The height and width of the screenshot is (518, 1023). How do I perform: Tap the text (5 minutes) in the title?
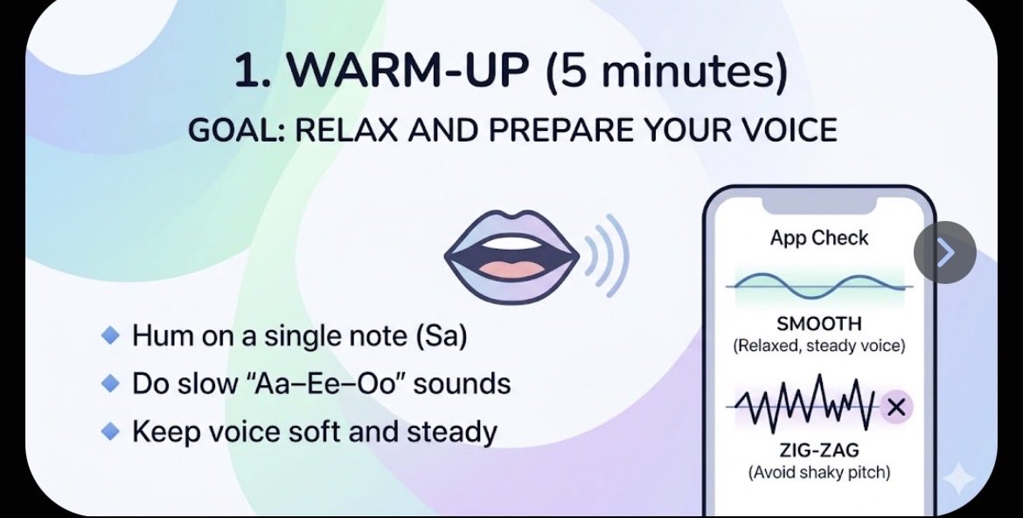coord(665,72)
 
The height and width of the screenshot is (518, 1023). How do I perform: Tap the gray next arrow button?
coord(945,252)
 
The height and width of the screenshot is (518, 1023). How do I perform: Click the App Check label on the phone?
coord(819,238)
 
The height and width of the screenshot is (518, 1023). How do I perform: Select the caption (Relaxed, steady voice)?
coord(819,346)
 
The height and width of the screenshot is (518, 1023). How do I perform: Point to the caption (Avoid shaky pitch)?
coord(819,473)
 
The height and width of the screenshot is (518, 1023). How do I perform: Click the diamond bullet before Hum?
coord(111,335)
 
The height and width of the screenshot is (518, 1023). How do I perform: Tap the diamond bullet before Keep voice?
coord(111,430)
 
